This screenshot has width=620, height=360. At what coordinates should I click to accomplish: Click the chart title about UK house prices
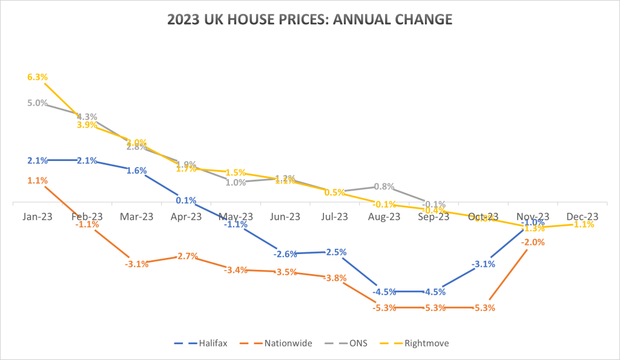309,19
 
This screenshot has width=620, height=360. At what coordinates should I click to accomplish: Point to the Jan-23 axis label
38,216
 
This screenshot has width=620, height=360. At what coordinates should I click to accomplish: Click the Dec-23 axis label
582,216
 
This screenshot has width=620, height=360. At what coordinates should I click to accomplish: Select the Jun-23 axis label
285,216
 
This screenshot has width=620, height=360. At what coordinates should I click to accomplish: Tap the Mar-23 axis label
137,216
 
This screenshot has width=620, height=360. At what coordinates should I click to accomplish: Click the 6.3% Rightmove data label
38,77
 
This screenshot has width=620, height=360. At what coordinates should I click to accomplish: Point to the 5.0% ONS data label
38,103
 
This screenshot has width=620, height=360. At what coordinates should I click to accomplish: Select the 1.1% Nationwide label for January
38,180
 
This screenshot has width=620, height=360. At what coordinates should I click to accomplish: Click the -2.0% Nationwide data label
533,242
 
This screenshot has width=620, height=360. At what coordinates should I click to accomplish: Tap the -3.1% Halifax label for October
484,264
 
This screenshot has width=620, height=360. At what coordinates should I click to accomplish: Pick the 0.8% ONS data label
384,186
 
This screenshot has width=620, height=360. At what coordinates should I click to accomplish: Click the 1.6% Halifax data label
137,170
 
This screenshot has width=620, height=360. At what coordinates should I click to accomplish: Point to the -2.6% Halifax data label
285,254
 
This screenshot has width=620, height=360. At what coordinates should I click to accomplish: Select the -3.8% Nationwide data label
335,278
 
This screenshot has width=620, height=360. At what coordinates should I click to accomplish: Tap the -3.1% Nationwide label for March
137,264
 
